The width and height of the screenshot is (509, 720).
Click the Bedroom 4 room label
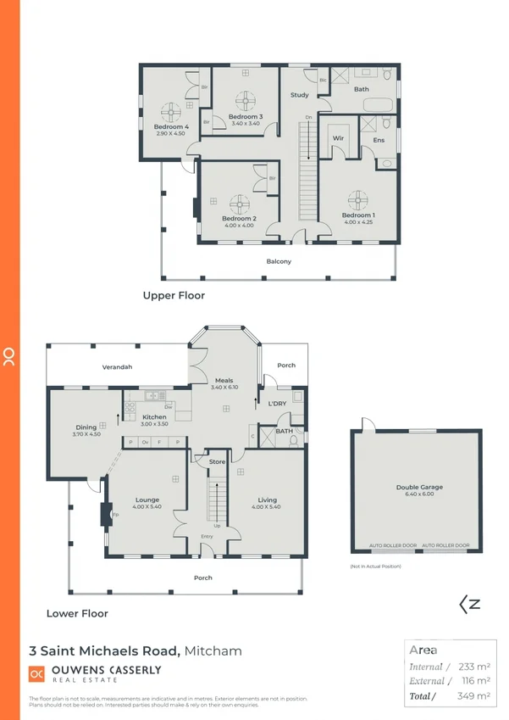click(170, 127)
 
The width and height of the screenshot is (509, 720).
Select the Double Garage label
click(419, 488)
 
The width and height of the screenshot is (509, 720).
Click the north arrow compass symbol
click(470, 605)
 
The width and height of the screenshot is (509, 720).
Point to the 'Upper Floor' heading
click(174, 296)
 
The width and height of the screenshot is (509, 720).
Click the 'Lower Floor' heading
click(77, 613)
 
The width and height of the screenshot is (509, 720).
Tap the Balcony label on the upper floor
click(279, 261)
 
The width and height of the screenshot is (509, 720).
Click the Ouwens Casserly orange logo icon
click(37, 674)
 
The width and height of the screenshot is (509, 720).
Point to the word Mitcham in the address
click(213, 651)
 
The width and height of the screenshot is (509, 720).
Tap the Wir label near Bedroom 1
click(337, 137)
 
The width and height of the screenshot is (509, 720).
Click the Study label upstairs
click(299, 95)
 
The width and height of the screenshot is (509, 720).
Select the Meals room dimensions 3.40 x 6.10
click(224, 388)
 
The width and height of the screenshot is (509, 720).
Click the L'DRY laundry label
click(276, 403)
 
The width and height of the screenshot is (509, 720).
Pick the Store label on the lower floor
click(218, 461)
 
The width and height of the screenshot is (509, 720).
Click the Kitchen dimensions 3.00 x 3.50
click(153, 424)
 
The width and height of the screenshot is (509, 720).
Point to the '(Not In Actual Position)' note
click(375, 566)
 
